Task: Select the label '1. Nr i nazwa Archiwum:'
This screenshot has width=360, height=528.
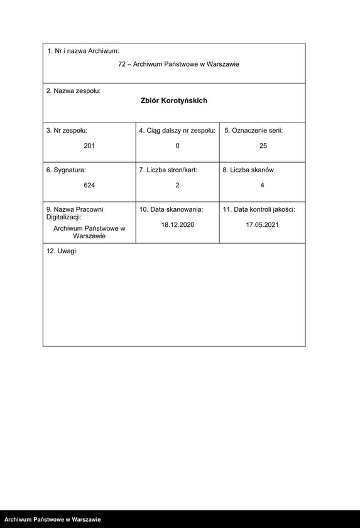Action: (x=84, y=51)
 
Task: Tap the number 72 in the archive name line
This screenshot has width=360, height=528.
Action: (x=122, y=64)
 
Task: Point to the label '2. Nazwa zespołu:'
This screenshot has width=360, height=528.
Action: (x=74, y=91)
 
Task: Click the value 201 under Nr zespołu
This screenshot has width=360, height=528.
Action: (x=89, y=146)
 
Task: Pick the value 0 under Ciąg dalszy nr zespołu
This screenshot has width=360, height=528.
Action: (x=177, y=146)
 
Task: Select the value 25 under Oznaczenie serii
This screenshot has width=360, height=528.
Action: (x=263, y=146)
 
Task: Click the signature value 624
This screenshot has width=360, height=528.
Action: (x=89, y=185)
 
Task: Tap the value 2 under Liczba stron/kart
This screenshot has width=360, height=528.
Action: (x=177, y=185)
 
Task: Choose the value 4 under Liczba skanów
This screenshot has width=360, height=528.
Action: (x=262, y=185)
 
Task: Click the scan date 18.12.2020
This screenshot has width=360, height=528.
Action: (x=178, y=224)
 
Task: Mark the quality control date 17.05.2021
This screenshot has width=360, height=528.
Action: (x=262, y=224)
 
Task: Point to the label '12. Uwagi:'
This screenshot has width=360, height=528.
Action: (x=62, y=251)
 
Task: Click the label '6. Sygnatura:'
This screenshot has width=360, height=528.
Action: (x=66, y=170)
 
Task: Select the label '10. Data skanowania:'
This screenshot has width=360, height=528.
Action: (x=171, y=209)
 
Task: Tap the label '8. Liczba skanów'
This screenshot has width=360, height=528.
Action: (x=248, y=170)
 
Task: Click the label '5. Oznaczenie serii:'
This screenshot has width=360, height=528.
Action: (x=254, y=130)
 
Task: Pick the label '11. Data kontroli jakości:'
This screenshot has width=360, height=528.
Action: (x=259, y=209)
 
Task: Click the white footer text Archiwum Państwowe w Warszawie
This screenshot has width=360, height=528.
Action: (x=52, y=520)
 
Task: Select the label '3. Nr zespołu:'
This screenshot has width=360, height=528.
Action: (x=67, y=130)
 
